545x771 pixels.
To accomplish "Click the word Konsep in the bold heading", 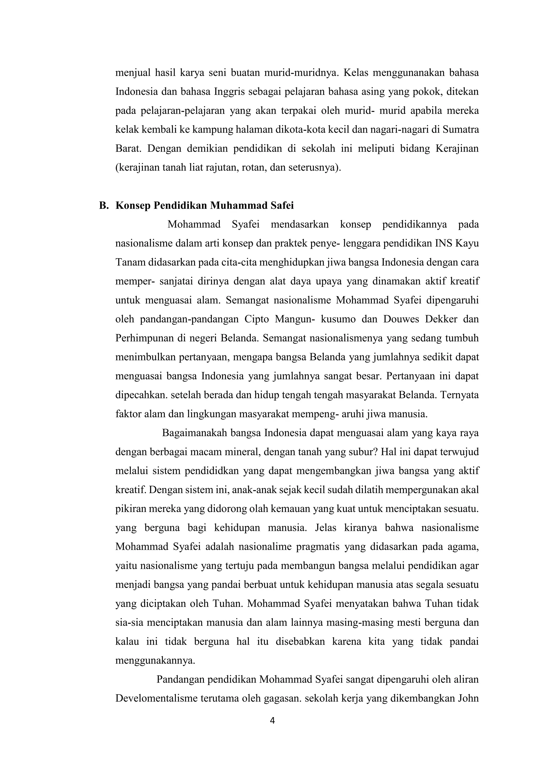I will click(133, 206).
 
